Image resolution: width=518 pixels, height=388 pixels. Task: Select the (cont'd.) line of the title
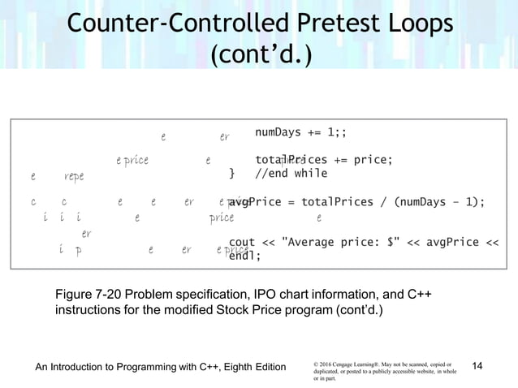[259, 58]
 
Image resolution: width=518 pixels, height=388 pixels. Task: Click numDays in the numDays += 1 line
[280, 133]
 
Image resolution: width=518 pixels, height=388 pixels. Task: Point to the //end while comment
[291, 173]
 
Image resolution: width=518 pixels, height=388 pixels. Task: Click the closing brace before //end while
[233, 173]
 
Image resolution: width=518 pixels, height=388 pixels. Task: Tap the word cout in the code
[242, 241]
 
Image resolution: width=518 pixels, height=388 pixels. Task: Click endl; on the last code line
[245, 256]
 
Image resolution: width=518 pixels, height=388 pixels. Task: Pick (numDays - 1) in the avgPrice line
[438, 202]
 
